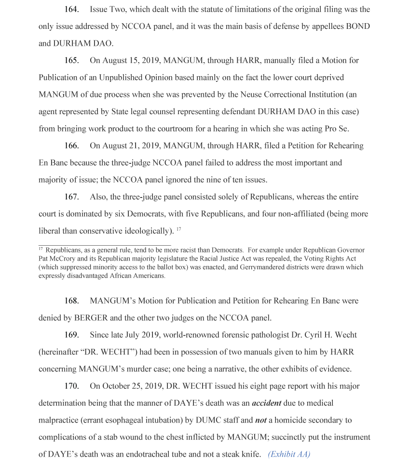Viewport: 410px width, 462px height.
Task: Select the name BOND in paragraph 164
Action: pos(358,26)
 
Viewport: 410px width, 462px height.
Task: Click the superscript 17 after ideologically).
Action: pos(178,229)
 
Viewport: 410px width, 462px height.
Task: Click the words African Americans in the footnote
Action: pos(138,276)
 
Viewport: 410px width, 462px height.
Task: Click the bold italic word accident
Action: pos(266,403)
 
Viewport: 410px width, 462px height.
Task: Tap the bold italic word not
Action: pos(260,420)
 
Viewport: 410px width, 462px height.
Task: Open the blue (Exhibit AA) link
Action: pos(289,454)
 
